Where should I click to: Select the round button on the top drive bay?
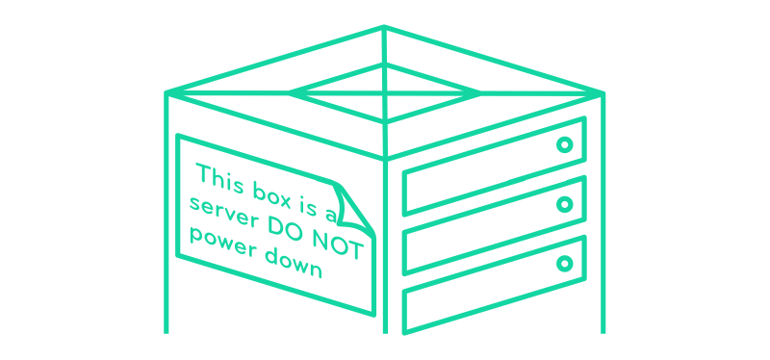point(565,145)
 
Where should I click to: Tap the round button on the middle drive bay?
point(565,204)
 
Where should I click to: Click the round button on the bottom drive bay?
point(565,262)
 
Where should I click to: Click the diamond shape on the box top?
point(384,92)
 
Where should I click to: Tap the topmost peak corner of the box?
point(384,27)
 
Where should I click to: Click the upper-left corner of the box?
point(167,93)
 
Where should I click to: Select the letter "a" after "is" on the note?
point(332,204)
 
